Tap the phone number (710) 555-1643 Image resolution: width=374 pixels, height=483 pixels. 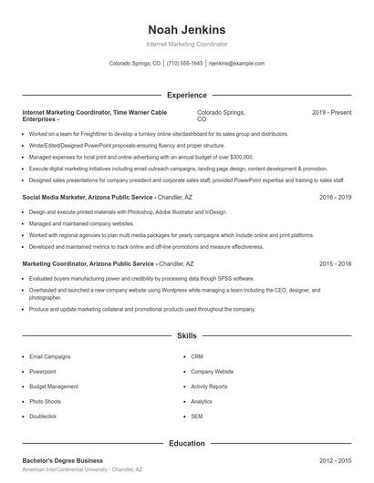click(x=185, y=64)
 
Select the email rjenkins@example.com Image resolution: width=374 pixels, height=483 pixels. click(x=236, y=64)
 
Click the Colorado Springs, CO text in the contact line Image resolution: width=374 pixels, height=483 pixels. click(x=134, y=64)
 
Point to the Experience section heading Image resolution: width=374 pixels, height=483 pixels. click(x=186, y=94)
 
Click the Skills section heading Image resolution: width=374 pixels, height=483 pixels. click(x=186, y=336)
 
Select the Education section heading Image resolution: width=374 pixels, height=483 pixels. click(x=186, y=443)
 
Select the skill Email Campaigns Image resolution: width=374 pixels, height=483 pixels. click(x=49, y=356)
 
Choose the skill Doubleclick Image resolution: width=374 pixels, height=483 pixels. click(x=43, y=416)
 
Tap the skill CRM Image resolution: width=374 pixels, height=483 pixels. click(x=197, y=356)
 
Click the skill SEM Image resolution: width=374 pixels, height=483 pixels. click(x=196, y=416)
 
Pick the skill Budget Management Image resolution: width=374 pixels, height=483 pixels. click(x=54, y=386)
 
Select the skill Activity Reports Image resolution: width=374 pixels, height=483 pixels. click(x=209, y=386)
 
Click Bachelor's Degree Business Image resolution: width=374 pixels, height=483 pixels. click(x=63, y=461)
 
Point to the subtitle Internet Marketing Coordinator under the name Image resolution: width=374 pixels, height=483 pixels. click(x=186, y=44)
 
